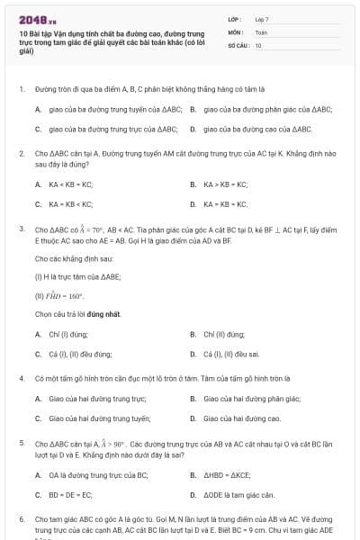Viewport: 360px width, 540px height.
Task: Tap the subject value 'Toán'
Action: pos(261,31)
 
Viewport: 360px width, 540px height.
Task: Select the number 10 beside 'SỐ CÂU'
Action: pos(258,44)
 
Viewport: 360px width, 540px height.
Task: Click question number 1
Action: pos(21,90)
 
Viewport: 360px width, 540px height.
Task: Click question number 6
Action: pos(21,519)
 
